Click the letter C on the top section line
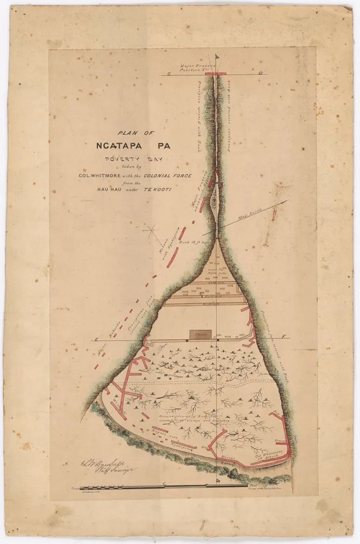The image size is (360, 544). coord(169,73)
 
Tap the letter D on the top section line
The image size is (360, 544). coord(261,73)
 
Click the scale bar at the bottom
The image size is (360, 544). coord(163,485)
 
